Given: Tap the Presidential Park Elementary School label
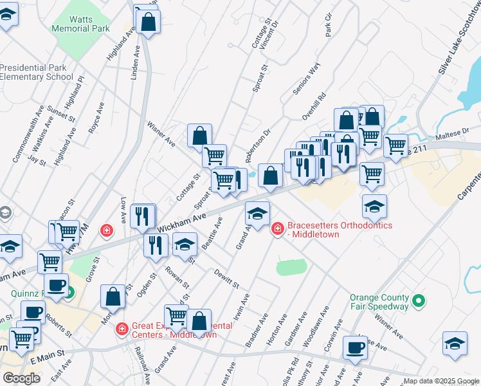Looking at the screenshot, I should coord(37,71).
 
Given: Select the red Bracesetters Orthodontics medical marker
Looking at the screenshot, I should coord(278,228).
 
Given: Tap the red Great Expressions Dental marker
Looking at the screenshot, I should coord(122,329).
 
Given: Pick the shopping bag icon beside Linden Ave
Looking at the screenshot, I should coord(149,23).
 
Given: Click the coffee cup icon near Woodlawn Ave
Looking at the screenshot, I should coord(354,349).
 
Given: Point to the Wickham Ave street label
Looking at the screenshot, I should coord(181,226).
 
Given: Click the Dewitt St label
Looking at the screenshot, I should coord(226,279).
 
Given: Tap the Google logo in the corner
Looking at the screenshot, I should coord(21,378).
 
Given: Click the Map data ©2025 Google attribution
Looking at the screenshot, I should coord(441,381).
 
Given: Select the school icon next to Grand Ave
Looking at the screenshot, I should coord(257,214).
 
